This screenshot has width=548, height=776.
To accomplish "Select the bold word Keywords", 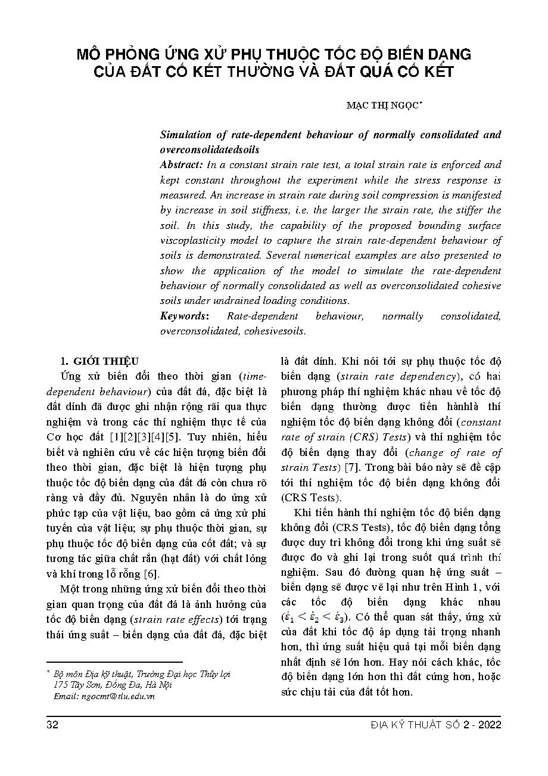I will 183,316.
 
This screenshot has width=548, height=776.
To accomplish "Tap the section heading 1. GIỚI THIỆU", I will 100,361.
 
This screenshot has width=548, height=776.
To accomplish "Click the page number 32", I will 52,725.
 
